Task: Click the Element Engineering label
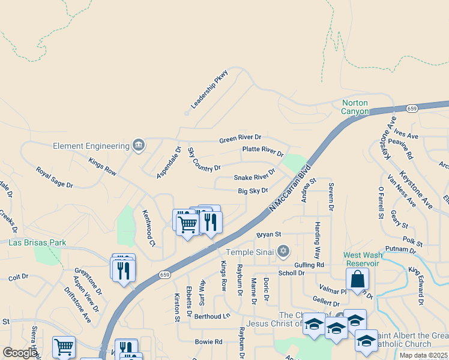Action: point(91,146)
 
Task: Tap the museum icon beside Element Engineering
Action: point(139,145)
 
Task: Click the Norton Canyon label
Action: point(355,107)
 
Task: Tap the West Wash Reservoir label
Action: point(361,259)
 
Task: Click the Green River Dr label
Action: point(240,139)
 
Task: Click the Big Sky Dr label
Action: point(253,191)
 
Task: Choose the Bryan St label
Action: point(268,234)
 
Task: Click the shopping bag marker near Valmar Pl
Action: point(357,279)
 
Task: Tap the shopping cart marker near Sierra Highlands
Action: point(64,346)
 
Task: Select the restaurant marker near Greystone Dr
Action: point(123,269)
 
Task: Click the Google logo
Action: point(19,353)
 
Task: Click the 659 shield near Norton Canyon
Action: point(411,109)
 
